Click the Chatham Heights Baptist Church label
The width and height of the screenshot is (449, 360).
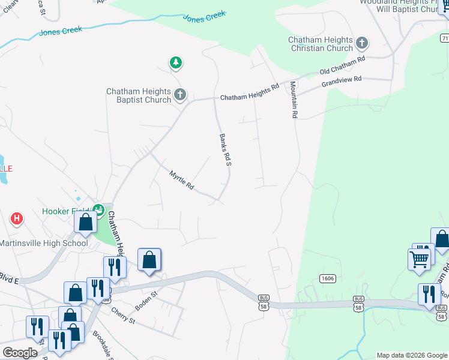click(139, 95)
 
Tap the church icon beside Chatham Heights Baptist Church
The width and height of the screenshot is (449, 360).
click(179, 94)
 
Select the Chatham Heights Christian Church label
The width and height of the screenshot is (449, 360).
click(321, 44)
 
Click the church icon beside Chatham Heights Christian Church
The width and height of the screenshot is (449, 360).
click(361, 43)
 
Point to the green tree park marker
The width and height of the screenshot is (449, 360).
click(175, 62)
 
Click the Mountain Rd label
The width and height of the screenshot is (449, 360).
click(294, 100)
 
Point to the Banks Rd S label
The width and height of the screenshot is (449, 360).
click(225, 150)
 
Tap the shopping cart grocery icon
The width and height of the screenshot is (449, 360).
click(419, 259)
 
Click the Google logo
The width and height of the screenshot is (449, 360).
click(20, 353)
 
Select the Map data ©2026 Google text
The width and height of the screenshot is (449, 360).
click(412, 355)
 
